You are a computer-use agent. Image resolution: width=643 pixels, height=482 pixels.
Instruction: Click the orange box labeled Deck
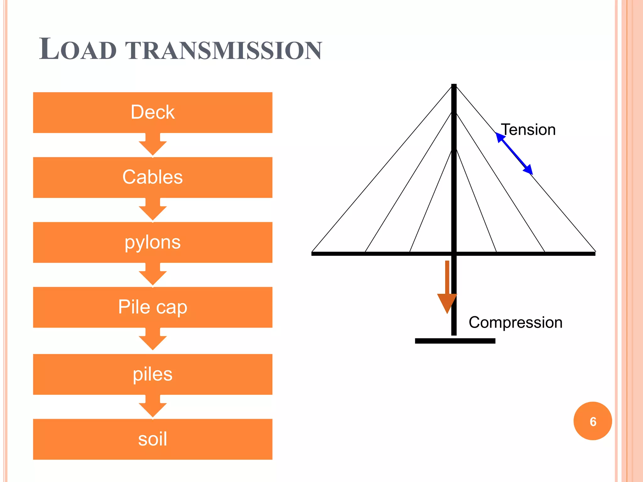coord(153,112)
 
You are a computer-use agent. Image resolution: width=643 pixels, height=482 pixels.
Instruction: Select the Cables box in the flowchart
coord(153,177)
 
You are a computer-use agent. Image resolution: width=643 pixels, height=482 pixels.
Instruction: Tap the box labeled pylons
coord(153,242)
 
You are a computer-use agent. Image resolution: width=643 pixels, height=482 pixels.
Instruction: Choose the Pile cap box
coord(153,307)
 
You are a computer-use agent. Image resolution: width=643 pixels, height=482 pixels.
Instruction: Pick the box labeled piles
coord(153,374)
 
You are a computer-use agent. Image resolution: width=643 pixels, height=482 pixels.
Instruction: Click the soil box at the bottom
coord(153,439)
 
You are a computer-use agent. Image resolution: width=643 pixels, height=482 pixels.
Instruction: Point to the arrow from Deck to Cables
coord(153,145)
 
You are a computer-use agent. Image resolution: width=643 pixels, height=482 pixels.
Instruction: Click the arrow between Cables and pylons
coord(153,210)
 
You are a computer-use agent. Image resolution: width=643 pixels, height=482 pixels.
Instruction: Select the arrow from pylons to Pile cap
coord(153,275)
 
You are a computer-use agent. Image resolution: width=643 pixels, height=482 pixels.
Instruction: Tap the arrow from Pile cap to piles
coord(153,340)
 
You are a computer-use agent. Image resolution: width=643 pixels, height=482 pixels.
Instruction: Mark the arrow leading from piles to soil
coord(153,407)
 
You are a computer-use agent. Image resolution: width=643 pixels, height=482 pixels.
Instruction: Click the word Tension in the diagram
coord(528,130)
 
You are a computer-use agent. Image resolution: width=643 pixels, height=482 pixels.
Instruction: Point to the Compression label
coord(515,322)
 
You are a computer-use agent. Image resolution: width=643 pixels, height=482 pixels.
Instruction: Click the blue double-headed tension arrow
coord(514,153)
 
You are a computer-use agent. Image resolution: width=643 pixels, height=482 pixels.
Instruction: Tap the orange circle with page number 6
coord(592,421)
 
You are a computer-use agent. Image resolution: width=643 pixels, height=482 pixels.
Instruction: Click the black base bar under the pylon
coord(455,341)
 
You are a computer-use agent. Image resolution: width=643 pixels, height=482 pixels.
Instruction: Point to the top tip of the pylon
coord(454,85)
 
